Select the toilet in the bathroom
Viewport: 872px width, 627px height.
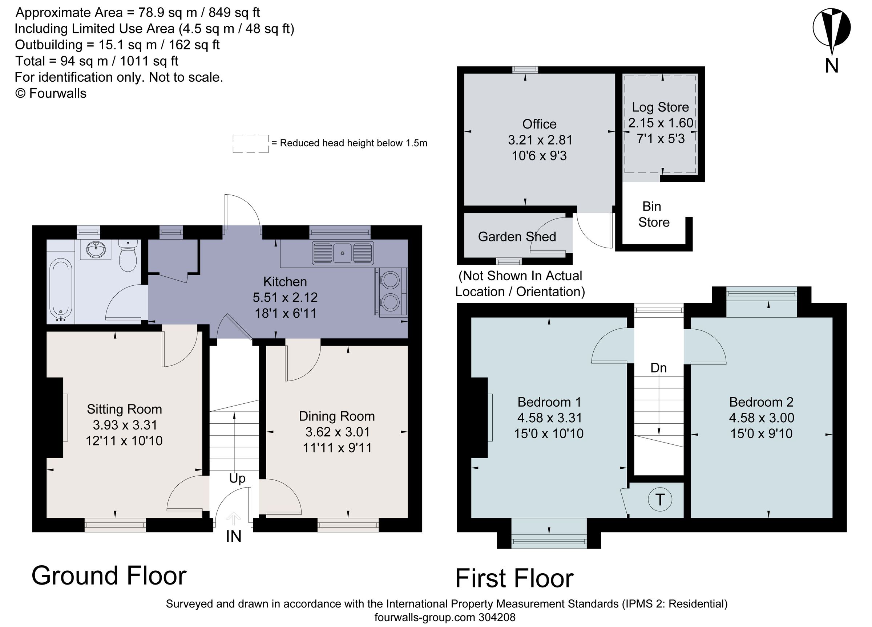click(x=128, y=256)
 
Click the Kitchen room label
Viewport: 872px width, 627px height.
click(x=285, y=282)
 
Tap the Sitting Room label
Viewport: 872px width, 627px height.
click(x=124, y=409)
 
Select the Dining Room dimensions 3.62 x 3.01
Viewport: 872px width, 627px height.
click(x=337, y=432)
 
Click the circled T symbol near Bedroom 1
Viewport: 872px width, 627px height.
click(x=660, y=500)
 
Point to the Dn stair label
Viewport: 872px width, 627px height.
click(x=658, y=368)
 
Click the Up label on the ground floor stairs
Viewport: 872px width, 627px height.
click(x=237, y=478)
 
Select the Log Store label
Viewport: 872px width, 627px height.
click(x=660, y=107)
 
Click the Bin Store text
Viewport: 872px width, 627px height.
click(x=653, y=214)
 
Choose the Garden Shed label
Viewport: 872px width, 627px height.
click(x=517, y=237)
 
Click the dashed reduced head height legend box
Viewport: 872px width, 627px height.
click(x=250, y=144)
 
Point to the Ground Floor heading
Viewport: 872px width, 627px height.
click(x=109, y=575)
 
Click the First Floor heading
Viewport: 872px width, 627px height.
click(x=514, y=579)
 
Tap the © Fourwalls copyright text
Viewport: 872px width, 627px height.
click(x=51, y=93)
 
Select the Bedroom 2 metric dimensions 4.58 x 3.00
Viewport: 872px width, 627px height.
click(x=761, y=418)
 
